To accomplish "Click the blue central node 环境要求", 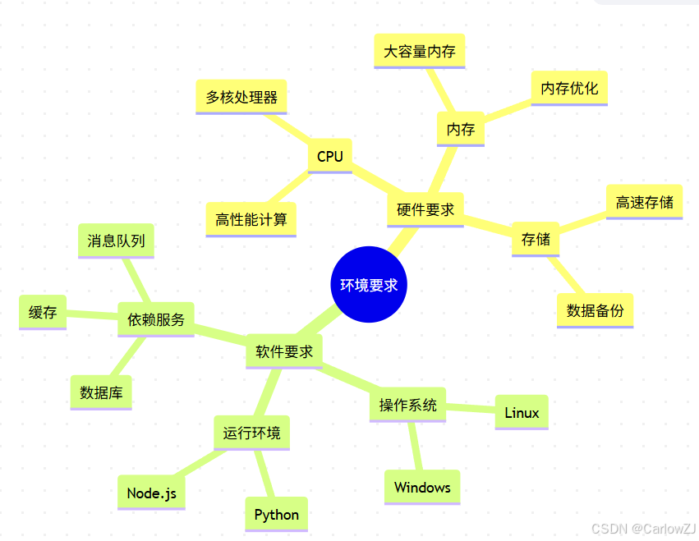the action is coord(369,285).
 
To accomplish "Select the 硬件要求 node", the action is coord(425,209).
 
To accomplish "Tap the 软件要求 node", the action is coord(284,351).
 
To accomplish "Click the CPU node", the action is coord(329,156).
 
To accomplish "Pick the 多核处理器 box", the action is coord(241,97).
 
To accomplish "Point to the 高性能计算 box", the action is coord(251,219).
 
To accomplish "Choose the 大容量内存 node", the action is coord(420,51).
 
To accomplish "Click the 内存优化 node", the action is coord(569,88).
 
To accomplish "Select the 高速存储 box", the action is coord(644,202).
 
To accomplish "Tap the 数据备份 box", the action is coord(595,310).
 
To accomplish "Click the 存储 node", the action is coord(536,239).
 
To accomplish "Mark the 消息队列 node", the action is coord(116,241).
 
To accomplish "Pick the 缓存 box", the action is coord(43,313).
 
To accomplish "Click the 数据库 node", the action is coord(101,392).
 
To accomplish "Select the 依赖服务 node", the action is coord(156,319).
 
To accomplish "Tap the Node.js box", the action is coord(151,493).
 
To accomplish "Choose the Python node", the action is coord(277,515).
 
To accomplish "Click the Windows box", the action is coord(422,488).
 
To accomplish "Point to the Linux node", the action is coord(522,412).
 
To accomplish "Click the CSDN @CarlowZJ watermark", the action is coord(644,530).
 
